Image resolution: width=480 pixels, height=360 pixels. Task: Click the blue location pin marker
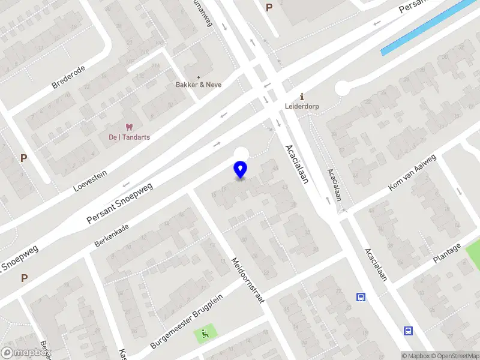(240, 169)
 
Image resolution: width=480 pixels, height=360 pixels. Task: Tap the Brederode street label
(68, 77)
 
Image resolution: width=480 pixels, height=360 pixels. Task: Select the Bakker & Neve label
(199, 85)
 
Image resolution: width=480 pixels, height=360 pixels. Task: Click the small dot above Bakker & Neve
(199, 77)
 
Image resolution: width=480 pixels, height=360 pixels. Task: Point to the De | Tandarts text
(129, 137)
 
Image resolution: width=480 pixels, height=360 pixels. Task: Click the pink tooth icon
(128, 127)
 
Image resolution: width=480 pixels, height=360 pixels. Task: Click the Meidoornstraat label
(248, 280)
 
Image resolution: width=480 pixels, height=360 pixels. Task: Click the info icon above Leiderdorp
(302, 97)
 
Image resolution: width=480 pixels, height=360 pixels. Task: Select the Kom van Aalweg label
(412, 173)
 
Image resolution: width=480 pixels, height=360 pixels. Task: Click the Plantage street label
(448, 253)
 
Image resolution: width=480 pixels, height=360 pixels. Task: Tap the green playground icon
(206, 333)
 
